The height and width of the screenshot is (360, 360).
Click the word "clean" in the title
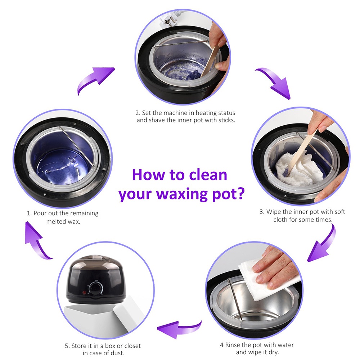(208, 175)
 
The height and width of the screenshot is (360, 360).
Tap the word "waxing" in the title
(182, 194)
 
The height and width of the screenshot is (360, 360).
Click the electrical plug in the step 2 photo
(168, 22)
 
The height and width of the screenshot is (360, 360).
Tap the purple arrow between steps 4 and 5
(179, 329)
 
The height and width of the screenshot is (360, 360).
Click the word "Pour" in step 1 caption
(40, 213)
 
